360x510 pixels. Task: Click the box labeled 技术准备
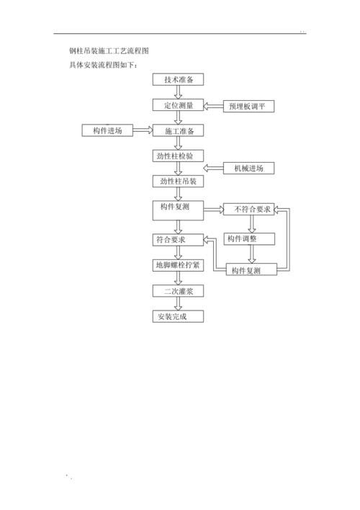click(178, 80)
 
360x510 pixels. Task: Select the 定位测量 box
click(178, 105)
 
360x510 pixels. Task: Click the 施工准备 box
click(178, 131)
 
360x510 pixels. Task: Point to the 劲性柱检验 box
click(178, 156)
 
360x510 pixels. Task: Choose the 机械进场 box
click(248, 169)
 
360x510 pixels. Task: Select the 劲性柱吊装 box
click(178, 182)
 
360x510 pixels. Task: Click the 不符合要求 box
click(247, 210)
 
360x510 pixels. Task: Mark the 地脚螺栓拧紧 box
click(178, 265)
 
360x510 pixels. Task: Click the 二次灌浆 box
click(178, 291)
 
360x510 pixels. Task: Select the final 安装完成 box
click(178, 316)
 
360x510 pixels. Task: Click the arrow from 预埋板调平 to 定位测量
click(214, 106)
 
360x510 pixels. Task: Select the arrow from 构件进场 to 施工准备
click(143, 130)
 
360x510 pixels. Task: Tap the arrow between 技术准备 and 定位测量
click(178, 92)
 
